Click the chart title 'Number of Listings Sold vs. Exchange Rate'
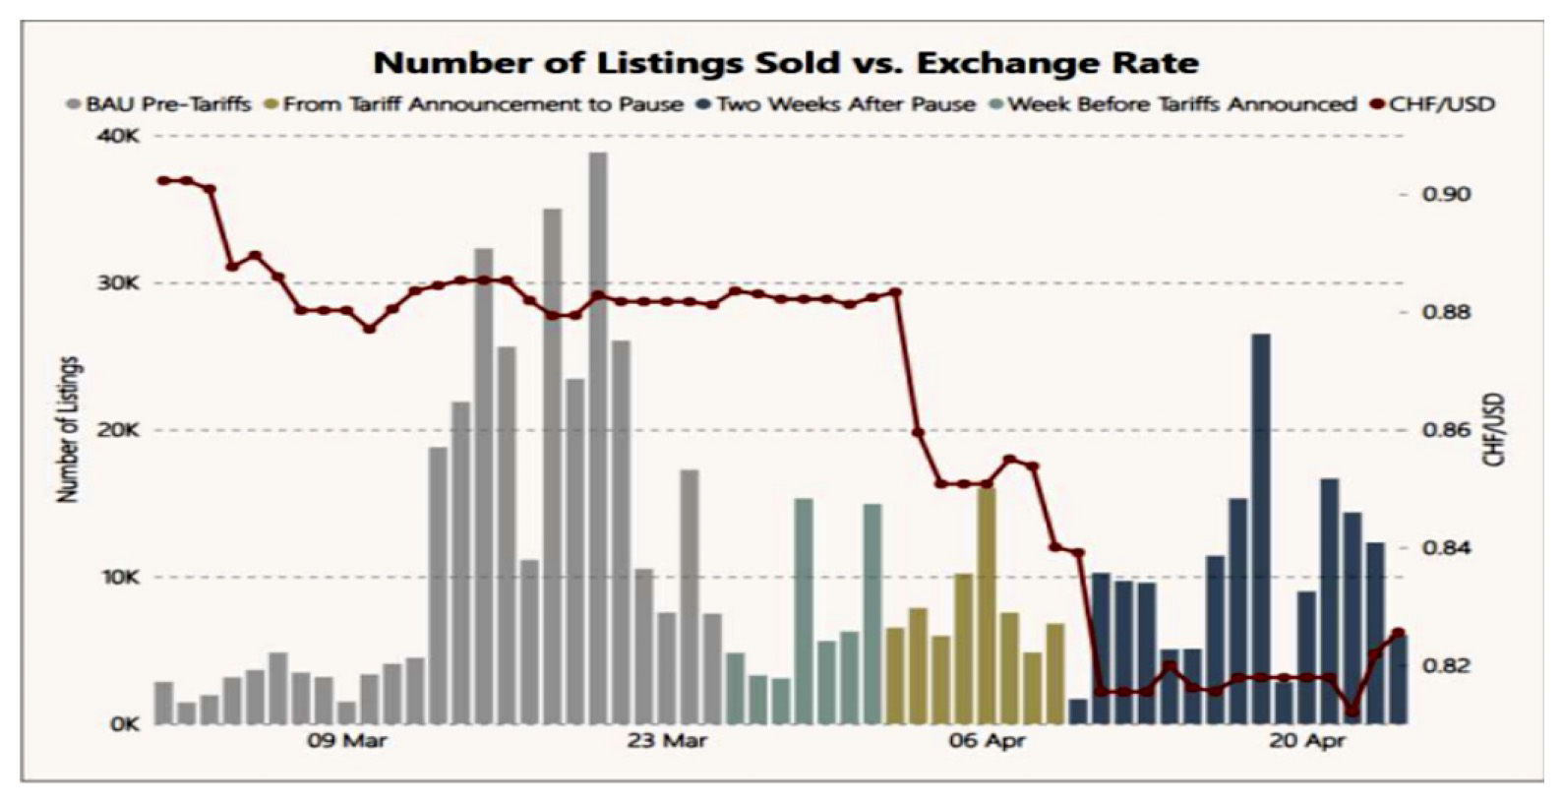pos(786,63)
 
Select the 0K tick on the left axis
pos(124,724)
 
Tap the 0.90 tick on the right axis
pos(1447,194)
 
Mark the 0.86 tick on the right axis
pos(1447,430)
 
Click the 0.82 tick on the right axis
pos(1447,666)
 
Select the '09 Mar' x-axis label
pos(346,741)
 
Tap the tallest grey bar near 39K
pos(598,438)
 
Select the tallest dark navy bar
pos(1261,528)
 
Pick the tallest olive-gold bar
pos(987,605)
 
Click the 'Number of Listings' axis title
pos(68,430)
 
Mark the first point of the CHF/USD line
pos(163,180)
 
